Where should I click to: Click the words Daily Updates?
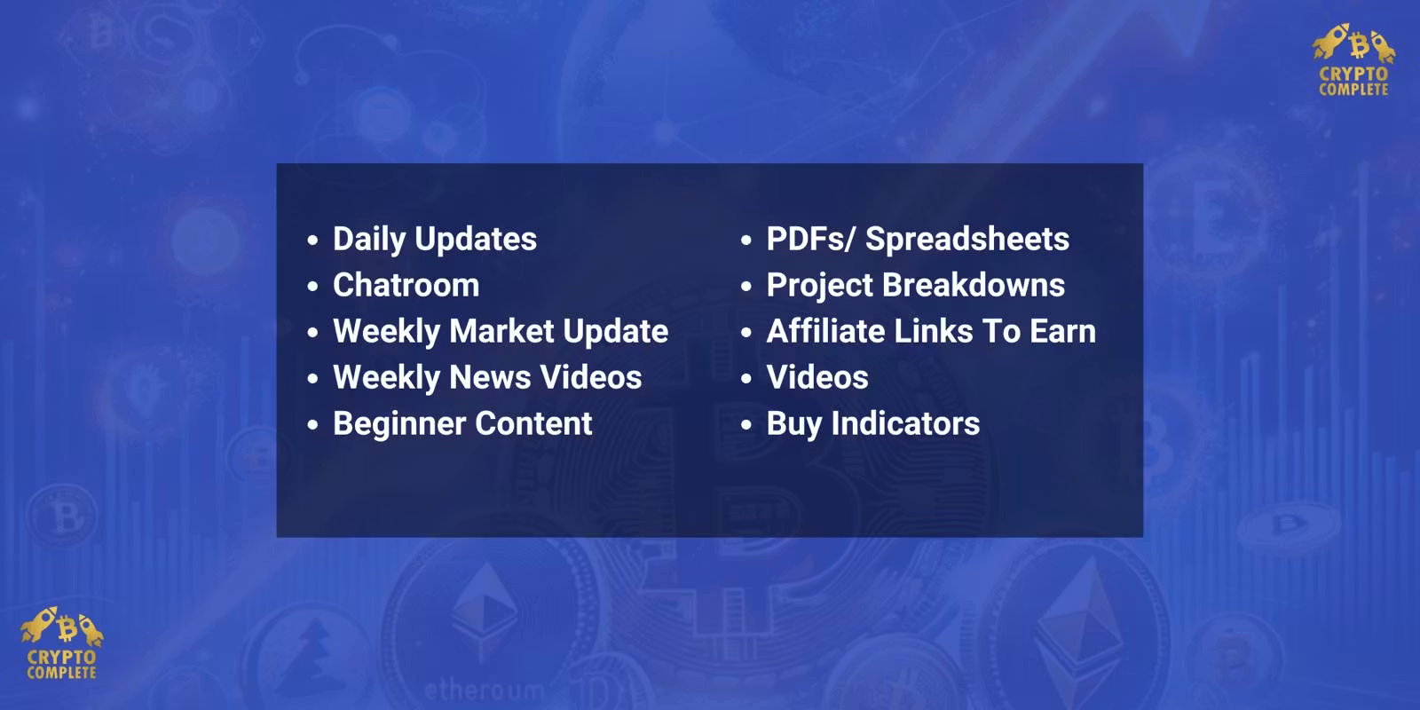click(435, 240)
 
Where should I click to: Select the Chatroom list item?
click(406, 285)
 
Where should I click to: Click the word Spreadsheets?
click(967, 240)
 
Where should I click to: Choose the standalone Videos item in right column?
click(817, 377)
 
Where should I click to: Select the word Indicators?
click(905, 423)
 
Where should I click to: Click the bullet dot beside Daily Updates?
click(312, 241)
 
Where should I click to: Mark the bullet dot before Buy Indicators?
click(746, 424)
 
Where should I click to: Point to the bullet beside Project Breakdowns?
click(746, 287)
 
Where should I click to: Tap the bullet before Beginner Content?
click(312, 424)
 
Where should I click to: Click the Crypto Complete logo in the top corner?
click(1354, 59)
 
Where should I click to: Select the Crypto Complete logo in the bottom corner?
click(61, 643)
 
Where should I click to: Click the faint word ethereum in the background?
click(485, 690)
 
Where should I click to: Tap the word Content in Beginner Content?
click(533, 423)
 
